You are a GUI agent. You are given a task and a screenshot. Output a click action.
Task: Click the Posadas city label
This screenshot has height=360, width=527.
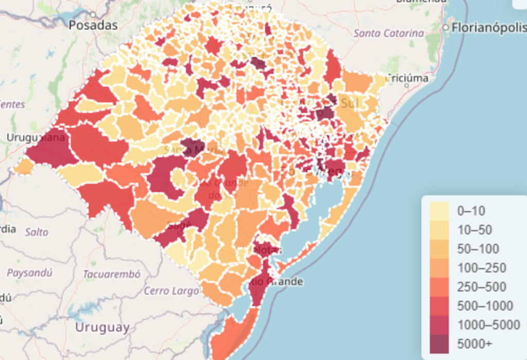point(93,25)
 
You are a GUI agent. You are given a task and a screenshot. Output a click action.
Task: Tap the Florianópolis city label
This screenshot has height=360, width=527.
point(488,28)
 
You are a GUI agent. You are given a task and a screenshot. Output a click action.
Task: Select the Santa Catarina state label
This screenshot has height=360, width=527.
point(390,33)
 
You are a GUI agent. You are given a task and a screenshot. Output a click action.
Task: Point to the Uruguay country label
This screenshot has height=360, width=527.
point(102,327)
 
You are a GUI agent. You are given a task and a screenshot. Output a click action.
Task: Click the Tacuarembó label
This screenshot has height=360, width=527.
point(112,275)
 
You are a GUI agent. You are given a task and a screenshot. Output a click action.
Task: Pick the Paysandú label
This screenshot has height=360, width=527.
point(29,273)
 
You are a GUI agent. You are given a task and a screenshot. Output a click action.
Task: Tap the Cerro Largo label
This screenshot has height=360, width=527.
point(171,291)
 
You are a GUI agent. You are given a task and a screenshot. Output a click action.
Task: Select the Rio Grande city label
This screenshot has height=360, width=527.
point(276,282)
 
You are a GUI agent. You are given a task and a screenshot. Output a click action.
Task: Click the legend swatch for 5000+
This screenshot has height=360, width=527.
point(439,344)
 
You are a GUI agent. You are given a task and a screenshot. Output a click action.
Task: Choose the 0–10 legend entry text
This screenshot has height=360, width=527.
point(471,211)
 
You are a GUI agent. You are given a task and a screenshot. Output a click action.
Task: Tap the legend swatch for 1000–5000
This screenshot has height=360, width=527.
point(439,325)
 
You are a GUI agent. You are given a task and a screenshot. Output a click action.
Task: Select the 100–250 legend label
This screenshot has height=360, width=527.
point(481,268)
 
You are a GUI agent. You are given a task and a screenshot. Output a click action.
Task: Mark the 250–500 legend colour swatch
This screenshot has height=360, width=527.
point(439,286)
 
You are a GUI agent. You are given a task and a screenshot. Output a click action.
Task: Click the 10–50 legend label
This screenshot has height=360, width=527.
point(475,230)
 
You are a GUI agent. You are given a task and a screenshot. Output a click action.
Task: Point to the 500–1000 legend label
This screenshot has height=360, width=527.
point(485,306)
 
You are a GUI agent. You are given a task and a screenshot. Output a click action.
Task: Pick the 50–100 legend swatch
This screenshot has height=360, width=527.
point(439,249)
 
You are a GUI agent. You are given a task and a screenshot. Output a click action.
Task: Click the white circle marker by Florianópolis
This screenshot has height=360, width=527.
point(446,27)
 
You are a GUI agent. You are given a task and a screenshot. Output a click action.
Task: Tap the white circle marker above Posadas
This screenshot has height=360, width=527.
point(93,14)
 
